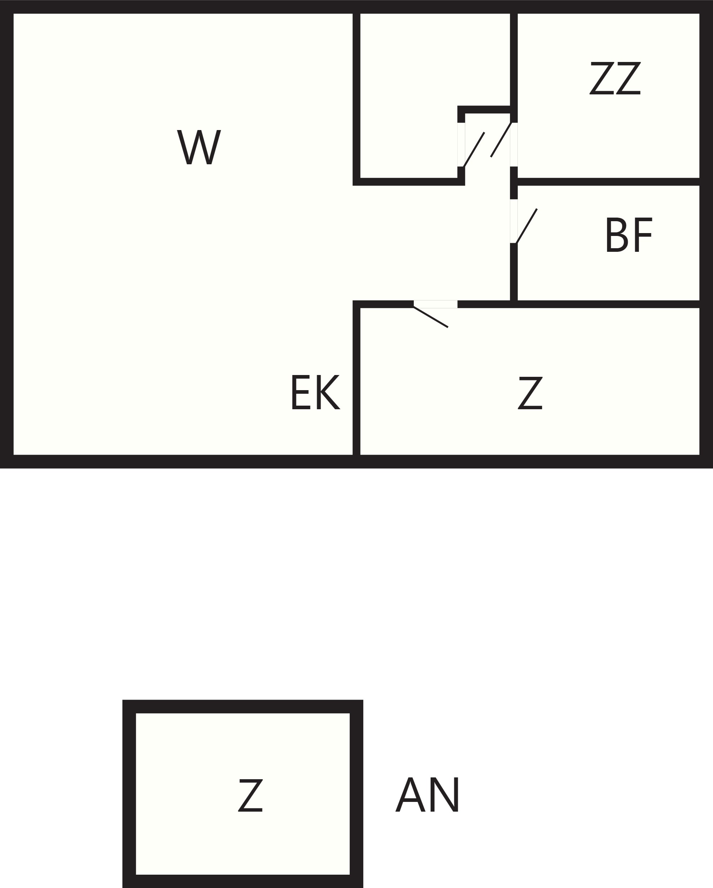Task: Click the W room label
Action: [199, 147]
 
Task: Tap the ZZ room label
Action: [615, 78]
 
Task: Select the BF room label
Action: [629, 235]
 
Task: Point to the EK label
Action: [315, 392]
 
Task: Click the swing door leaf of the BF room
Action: [526, 226]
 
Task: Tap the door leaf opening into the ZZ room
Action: [501, 140]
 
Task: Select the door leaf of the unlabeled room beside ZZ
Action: [474, 150]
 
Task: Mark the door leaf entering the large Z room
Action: [431, 317]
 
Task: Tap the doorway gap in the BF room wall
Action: [514, 221]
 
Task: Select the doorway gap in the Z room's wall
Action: [435, 304]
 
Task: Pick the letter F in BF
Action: [644, 235]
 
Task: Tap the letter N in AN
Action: [445, 794]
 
